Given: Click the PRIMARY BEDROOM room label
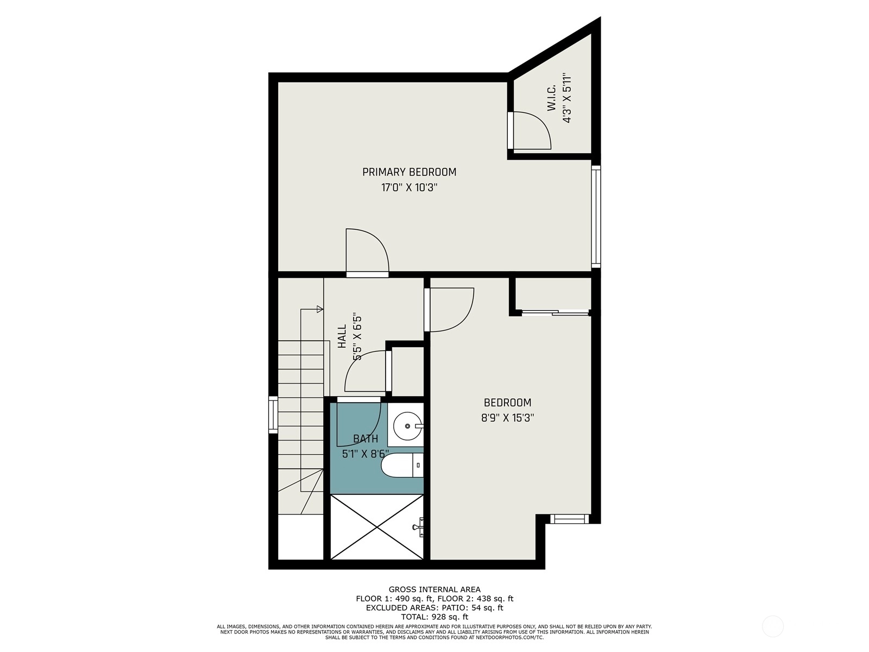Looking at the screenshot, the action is [409, 172].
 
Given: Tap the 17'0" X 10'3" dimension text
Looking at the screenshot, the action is [409, 187].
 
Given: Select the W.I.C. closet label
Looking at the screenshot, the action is [552, 97].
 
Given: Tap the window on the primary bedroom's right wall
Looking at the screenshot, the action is [596, 217].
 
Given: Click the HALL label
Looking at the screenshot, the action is [342, 336].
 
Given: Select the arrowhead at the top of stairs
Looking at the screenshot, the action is [320, 309].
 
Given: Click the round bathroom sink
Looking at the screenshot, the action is [407, 426].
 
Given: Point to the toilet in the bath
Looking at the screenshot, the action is [402, 465].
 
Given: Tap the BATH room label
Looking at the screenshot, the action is [366, 438].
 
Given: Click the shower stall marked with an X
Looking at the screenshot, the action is [377, 527].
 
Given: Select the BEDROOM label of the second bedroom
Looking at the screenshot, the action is [507, 403].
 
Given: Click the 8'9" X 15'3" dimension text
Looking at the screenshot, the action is [507, 418].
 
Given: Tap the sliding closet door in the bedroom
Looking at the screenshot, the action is [556, 313].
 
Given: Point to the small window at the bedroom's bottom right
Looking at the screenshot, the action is [569, 518].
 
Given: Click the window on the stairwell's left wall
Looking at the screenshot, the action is [273, 415].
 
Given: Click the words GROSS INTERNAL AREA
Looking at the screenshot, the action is [434, 590].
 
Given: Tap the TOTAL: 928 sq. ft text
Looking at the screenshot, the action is [434, 617].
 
